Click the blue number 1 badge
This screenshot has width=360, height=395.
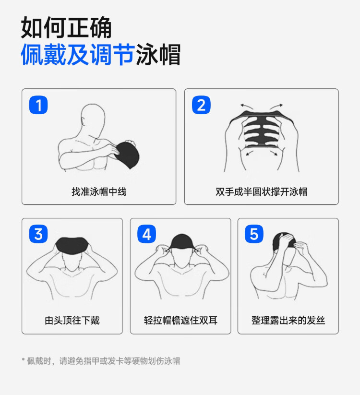coord(38,105)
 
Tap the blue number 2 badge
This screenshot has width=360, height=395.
coord(201,105)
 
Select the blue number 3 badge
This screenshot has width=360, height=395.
coord(38,234)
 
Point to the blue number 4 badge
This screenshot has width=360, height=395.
coord(146,234)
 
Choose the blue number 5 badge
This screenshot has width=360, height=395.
coord(254,234)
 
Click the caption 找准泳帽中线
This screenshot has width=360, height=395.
coord(99,192)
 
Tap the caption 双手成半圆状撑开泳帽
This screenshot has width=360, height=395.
coord(262,192)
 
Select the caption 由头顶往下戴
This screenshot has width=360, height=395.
coord(72,321)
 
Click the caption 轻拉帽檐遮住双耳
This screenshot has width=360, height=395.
coord(180,321)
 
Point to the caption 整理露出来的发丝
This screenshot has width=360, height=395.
coord(288,321)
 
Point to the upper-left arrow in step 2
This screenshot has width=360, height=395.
coord(247,106)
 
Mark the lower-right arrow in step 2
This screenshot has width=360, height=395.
coord(274,153)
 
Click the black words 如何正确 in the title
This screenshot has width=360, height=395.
coord(66,27)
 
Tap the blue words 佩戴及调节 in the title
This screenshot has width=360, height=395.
coord(77,54)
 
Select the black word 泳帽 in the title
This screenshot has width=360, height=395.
coord(158,54)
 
